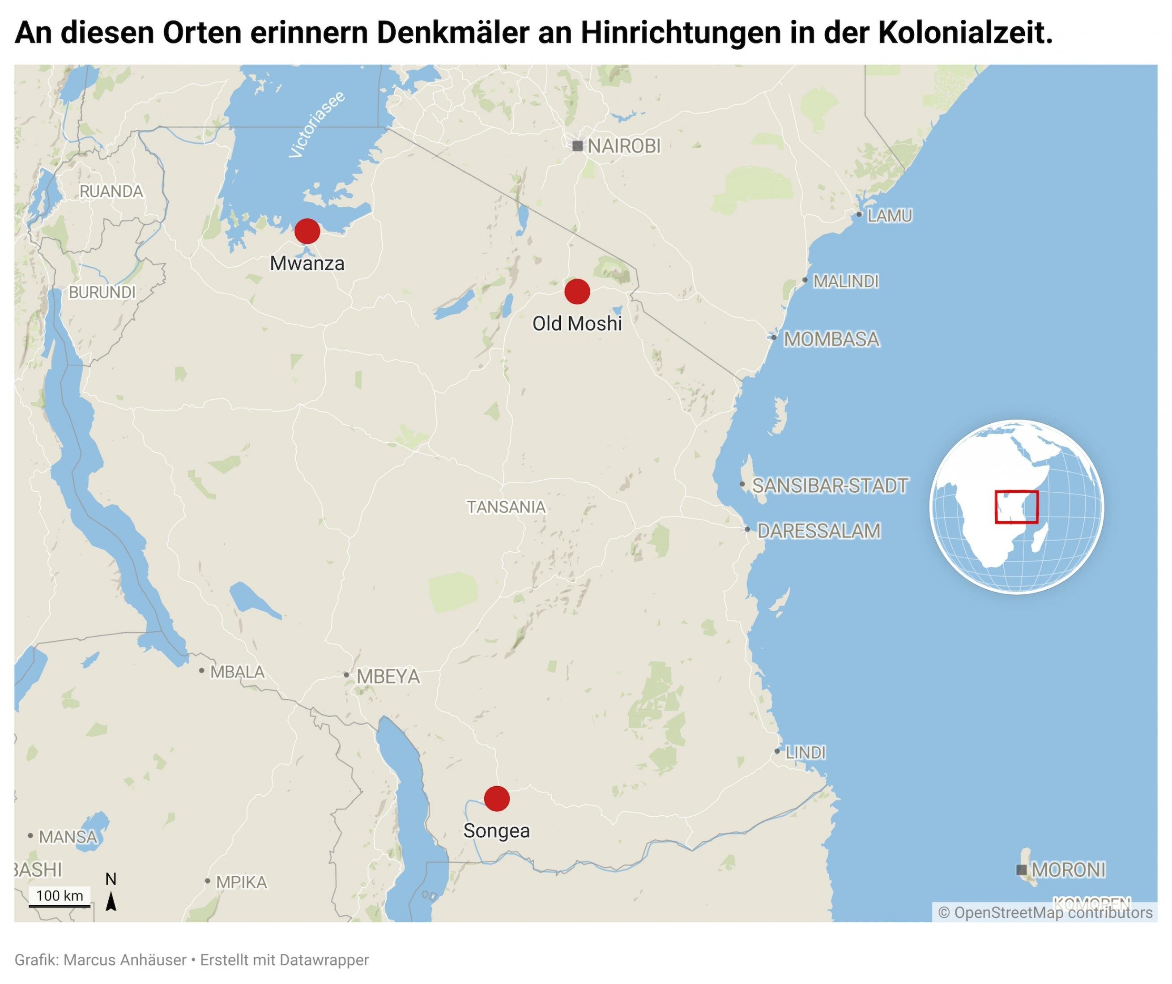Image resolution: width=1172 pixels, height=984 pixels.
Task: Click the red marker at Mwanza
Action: tap(307, 230)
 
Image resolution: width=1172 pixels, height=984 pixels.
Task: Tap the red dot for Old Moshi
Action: tap(577, 291)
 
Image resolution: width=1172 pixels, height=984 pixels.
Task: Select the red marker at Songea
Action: tap(497, 799)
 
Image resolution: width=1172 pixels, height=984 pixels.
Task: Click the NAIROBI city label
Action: tap(623, 146)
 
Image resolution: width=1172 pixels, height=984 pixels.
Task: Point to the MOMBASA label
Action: tap(831, 339)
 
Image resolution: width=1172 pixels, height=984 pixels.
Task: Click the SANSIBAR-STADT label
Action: tap(829, 486)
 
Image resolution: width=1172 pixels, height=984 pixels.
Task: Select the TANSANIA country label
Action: tap(506, 507)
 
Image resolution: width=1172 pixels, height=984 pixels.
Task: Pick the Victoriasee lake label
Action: tap(316, 124)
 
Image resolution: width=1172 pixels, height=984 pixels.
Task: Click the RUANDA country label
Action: tap(111, 192)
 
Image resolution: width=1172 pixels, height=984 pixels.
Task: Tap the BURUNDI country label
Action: tap(102, 293)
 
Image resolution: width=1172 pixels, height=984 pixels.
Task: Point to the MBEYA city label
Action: tap(388, 677)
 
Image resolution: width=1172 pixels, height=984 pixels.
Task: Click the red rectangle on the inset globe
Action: tap(1016, 507)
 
